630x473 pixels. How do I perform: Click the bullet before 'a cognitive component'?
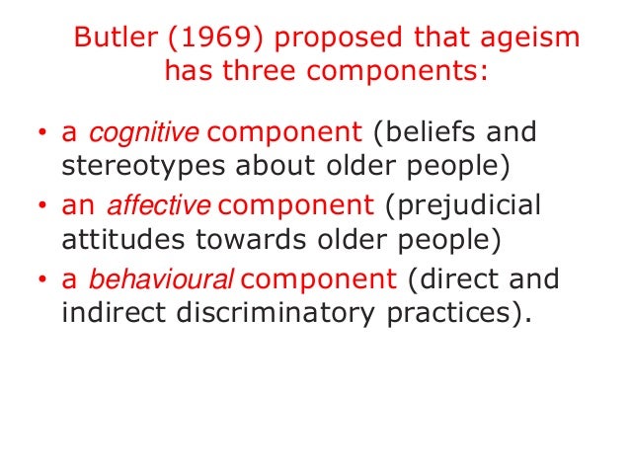[x=41, y=133]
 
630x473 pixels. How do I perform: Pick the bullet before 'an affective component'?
[x=41, y=206]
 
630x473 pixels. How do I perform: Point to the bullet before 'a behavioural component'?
[x=41, y=280]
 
